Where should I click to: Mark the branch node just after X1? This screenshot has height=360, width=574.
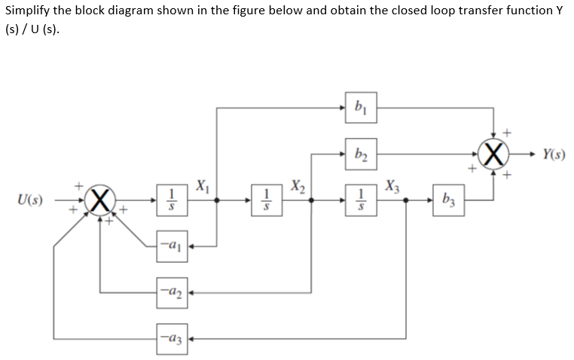point(218,201)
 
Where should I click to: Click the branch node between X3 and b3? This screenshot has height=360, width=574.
point(406,201)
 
